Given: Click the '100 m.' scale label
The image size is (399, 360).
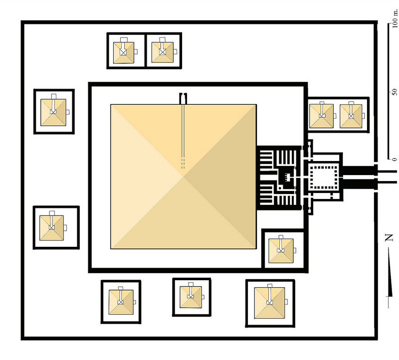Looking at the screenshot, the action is (x=395, y=18).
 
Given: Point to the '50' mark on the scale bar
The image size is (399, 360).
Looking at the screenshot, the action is (x=395, y=92).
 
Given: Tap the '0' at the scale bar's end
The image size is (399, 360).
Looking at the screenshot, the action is (x=395, y=160).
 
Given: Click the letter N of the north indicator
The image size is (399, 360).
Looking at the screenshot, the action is (x=389, y=238).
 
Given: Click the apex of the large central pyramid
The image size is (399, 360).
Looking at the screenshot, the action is (x=183, y=177).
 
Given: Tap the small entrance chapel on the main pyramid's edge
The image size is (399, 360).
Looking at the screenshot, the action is (x=183, y=99).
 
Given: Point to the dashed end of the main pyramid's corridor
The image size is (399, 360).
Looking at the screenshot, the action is (x=183, y=164).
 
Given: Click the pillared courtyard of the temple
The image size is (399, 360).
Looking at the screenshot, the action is (x=323, y=177).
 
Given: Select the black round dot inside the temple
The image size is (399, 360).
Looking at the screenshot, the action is (x=280, y=188).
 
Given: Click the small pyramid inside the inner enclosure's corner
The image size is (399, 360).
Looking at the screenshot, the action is (x=281, y=251).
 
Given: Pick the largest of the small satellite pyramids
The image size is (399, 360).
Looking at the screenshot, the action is (x=269, y=303).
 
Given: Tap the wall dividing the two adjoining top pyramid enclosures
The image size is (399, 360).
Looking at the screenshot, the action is (x=145, y=51).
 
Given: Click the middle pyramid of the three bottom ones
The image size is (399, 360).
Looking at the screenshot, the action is (x=191, y=297).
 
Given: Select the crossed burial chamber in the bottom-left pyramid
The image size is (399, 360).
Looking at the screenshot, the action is (x=121, y=302).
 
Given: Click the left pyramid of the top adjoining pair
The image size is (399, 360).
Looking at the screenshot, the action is (x=123, y=53).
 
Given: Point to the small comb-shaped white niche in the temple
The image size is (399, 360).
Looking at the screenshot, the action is (x=287, y=177).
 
